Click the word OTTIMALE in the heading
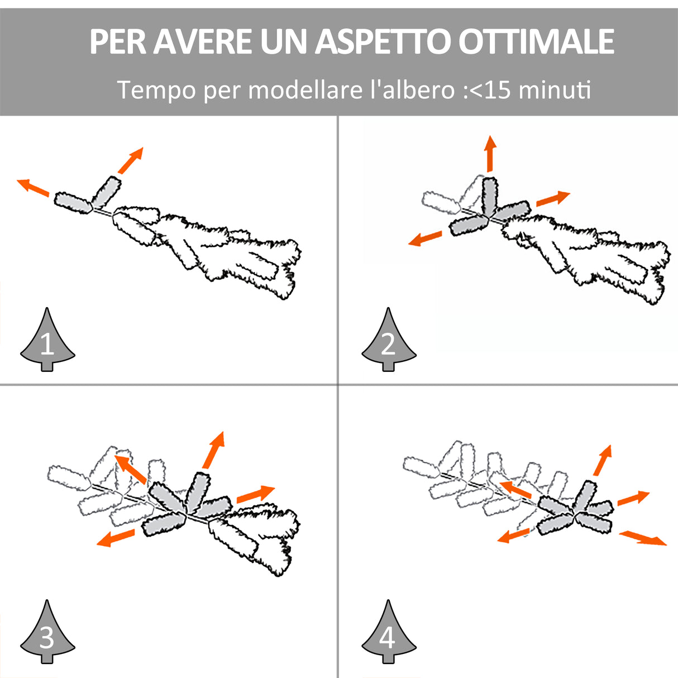pos(536,42)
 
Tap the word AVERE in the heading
pos(203,42)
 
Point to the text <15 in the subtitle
pos(490,90)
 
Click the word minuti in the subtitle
pos(555,90)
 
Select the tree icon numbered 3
pos(47,634)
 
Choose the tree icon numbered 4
pos(389,634)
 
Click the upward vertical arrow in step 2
pos(490,153)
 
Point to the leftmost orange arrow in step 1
pos(33,188)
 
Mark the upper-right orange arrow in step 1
pos(131,160)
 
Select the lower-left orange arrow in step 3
pos(116,538)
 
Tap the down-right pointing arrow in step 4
pos(643,538)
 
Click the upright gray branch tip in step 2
pos(490,196)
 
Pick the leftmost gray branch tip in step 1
pos(73,203)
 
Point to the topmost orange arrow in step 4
pos(603,460)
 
